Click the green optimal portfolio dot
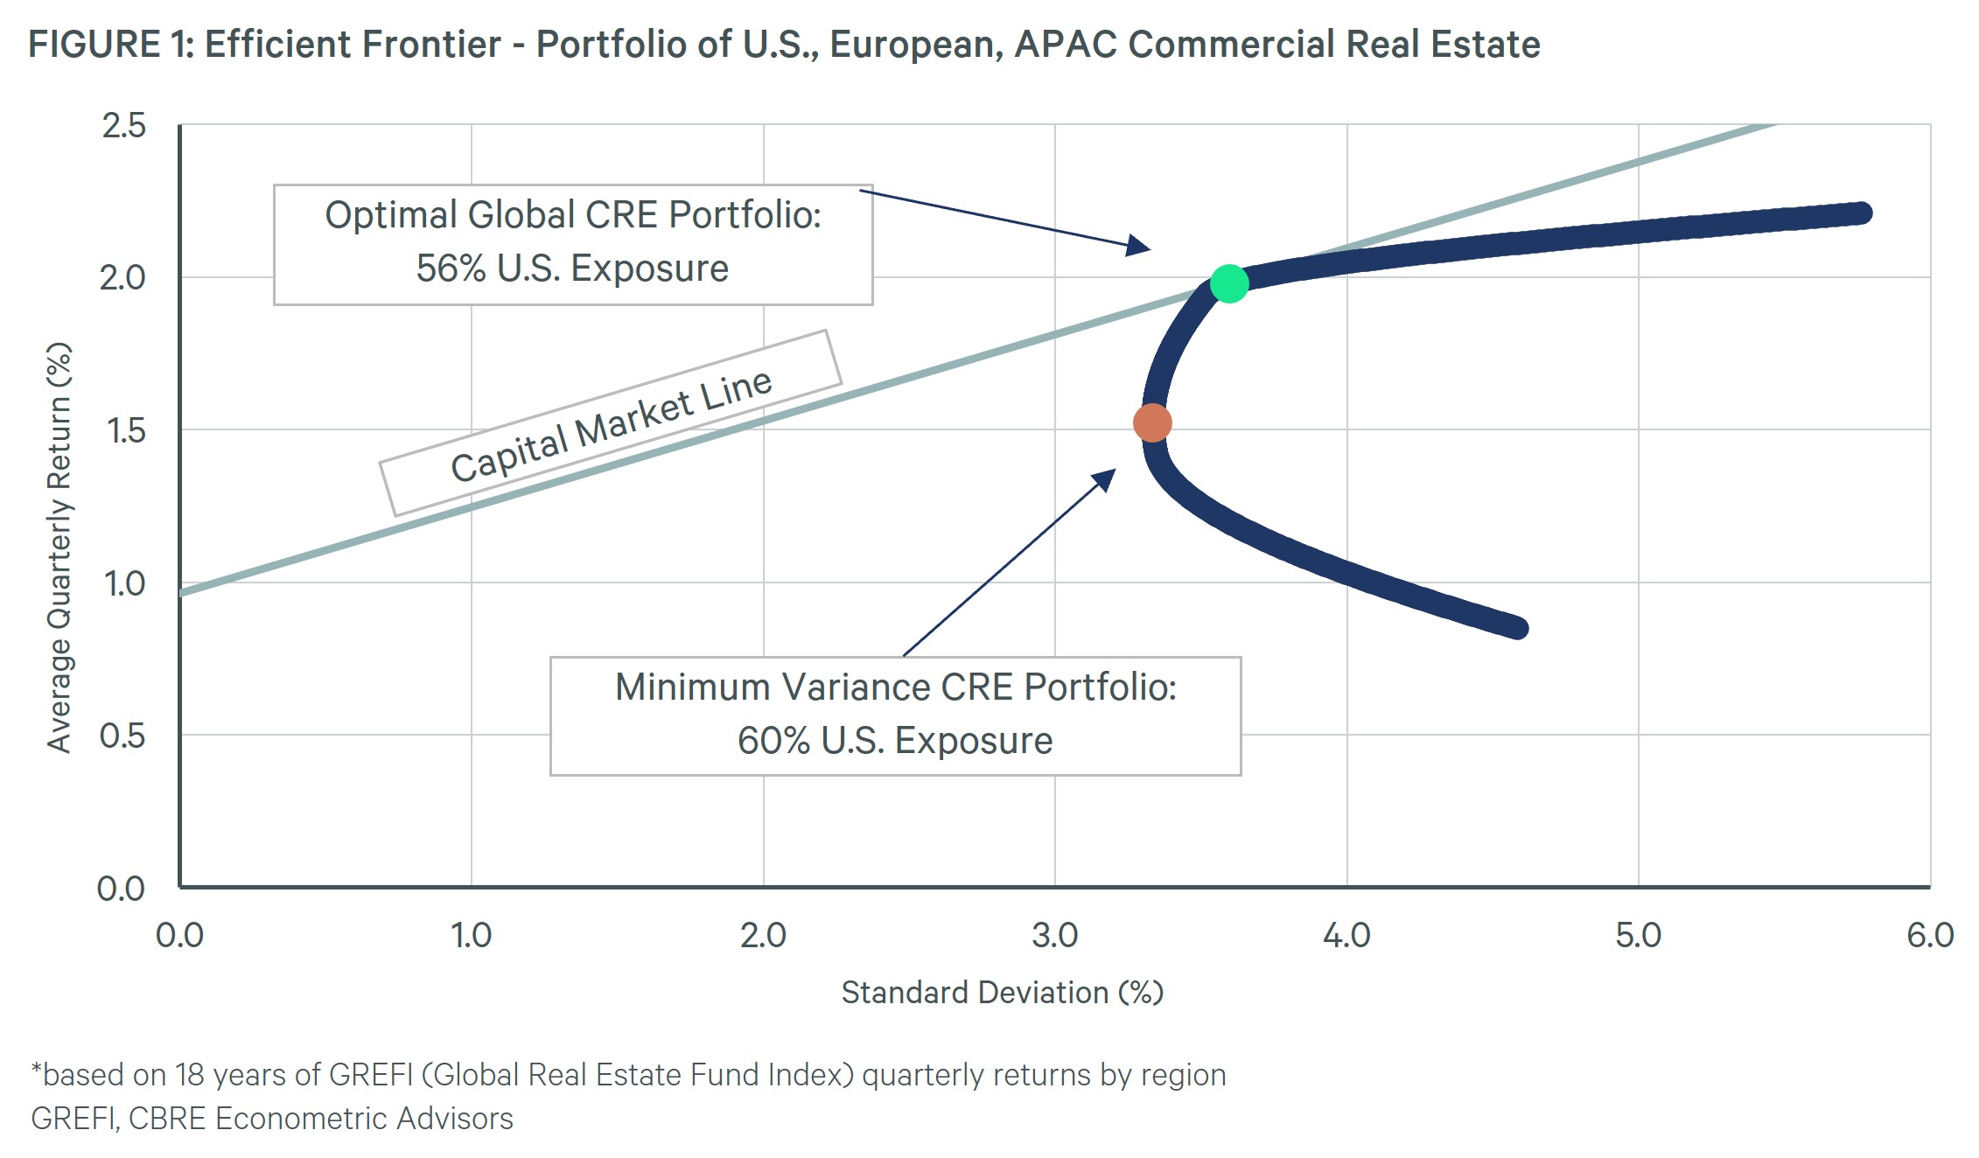(x=1228, y=283)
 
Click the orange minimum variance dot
(x=1152, y=423)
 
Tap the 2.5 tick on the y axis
(x=123, y=126)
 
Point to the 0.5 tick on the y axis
(x=122, y=736)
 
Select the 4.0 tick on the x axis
(x=1346, y=936)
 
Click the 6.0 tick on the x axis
(x=1929, y=936)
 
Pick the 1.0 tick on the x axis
(x=471, y=936)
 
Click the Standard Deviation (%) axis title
(x=1002, y=993)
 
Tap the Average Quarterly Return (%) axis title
(x=59, y=547)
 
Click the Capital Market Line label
(x=611, y=425)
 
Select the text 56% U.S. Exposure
(x=572, y=269)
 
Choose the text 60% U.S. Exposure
(x=894, y=741)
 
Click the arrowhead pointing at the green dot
(x=1138, y=245)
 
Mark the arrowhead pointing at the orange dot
(x=1106, y=478)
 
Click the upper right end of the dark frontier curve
(x=1861, y=213)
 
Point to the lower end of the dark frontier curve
(x=1517, y=627)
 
